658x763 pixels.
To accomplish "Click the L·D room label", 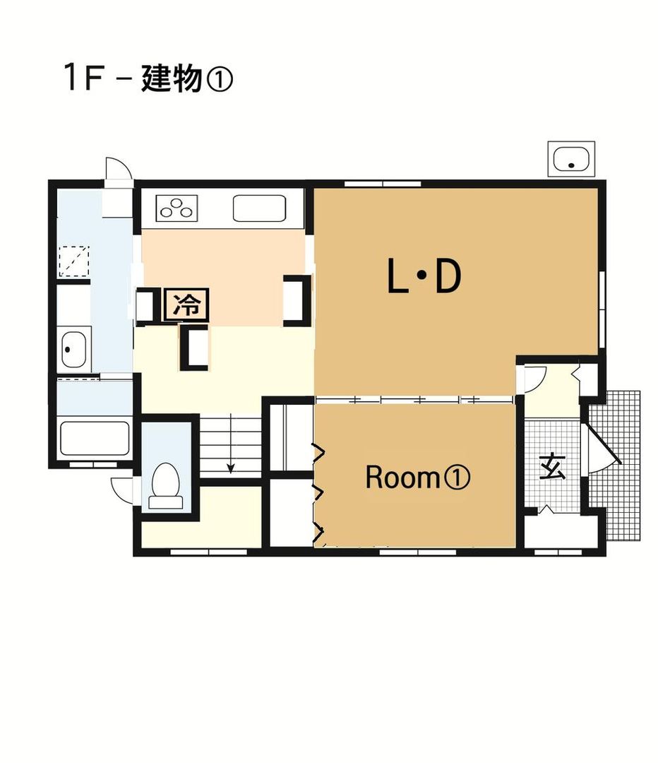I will coord(424,277).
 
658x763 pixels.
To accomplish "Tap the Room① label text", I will coord(417,478).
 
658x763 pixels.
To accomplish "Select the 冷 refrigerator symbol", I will coord(186,306).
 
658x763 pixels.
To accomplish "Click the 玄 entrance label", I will coord(551,468).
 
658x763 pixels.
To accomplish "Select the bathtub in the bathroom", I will coord(95,439).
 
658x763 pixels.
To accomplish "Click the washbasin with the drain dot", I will coord(73,349).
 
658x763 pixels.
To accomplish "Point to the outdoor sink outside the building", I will coord(571,159).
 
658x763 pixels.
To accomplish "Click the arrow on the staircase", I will coord(230,466).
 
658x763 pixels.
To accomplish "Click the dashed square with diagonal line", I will coord(74,260).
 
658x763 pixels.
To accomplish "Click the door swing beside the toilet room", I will coord(124,488).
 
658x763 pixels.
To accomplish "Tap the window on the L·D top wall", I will coord(382,184).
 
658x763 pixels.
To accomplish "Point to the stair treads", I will coord(229,445).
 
